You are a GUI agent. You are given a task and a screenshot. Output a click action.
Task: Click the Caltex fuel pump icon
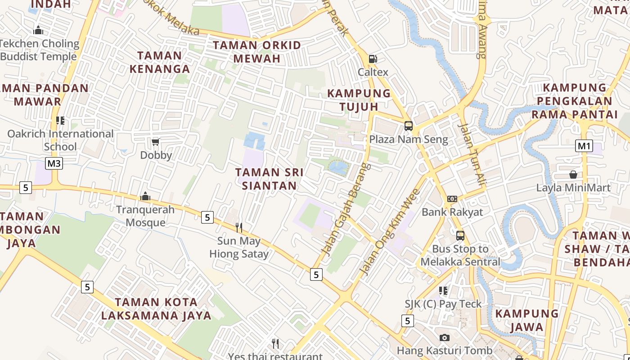(373, 58)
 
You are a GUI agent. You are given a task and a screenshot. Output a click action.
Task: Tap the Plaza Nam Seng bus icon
(409, 126)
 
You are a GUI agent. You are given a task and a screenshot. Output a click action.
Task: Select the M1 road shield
(584, 146)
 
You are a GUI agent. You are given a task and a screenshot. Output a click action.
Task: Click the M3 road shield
(54, 163)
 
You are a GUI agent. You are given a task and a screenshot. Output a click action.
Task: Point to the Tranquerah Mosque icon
(145, 196)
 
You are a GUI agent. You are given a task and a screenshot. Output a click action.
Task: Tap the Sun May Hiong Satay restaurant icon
(239, 228)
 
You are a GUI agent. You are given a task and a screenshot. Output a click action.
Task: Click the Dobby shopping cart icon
(156, 142)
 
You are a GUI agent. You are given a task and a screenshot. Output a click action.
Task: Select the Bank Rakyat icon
(452, 199)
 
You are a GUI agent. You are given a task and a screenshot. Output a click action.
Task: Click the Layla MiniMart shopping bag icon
(573, 175)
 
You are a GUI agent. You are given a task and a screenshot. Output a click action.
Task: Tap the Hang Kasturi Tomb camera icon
(444, 337)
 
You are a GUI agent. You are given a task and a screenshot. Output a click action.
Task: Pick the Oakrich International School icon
(60, 121)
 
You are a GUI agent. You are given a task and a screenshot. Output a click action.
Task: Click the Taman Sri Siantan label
(269, 179)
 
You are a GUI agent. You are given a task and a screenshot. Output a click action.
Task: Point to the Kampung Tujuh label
(359, 100)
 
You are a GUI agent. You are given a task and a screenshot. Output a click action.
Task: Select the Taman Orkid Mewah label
(256, 52)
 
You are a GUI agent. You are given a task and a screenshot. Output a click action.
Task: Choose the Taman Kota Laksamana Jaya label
(156, 309)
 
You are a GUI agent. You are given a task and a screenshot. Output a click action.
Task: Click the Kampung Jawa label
(526, 320)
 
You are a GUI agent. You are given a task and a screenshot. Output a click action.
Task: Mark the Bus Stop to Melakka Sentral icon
(460, 236)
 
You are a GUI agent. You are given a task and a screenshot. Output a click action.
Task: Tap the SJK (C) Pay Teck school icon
(443, 291)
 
